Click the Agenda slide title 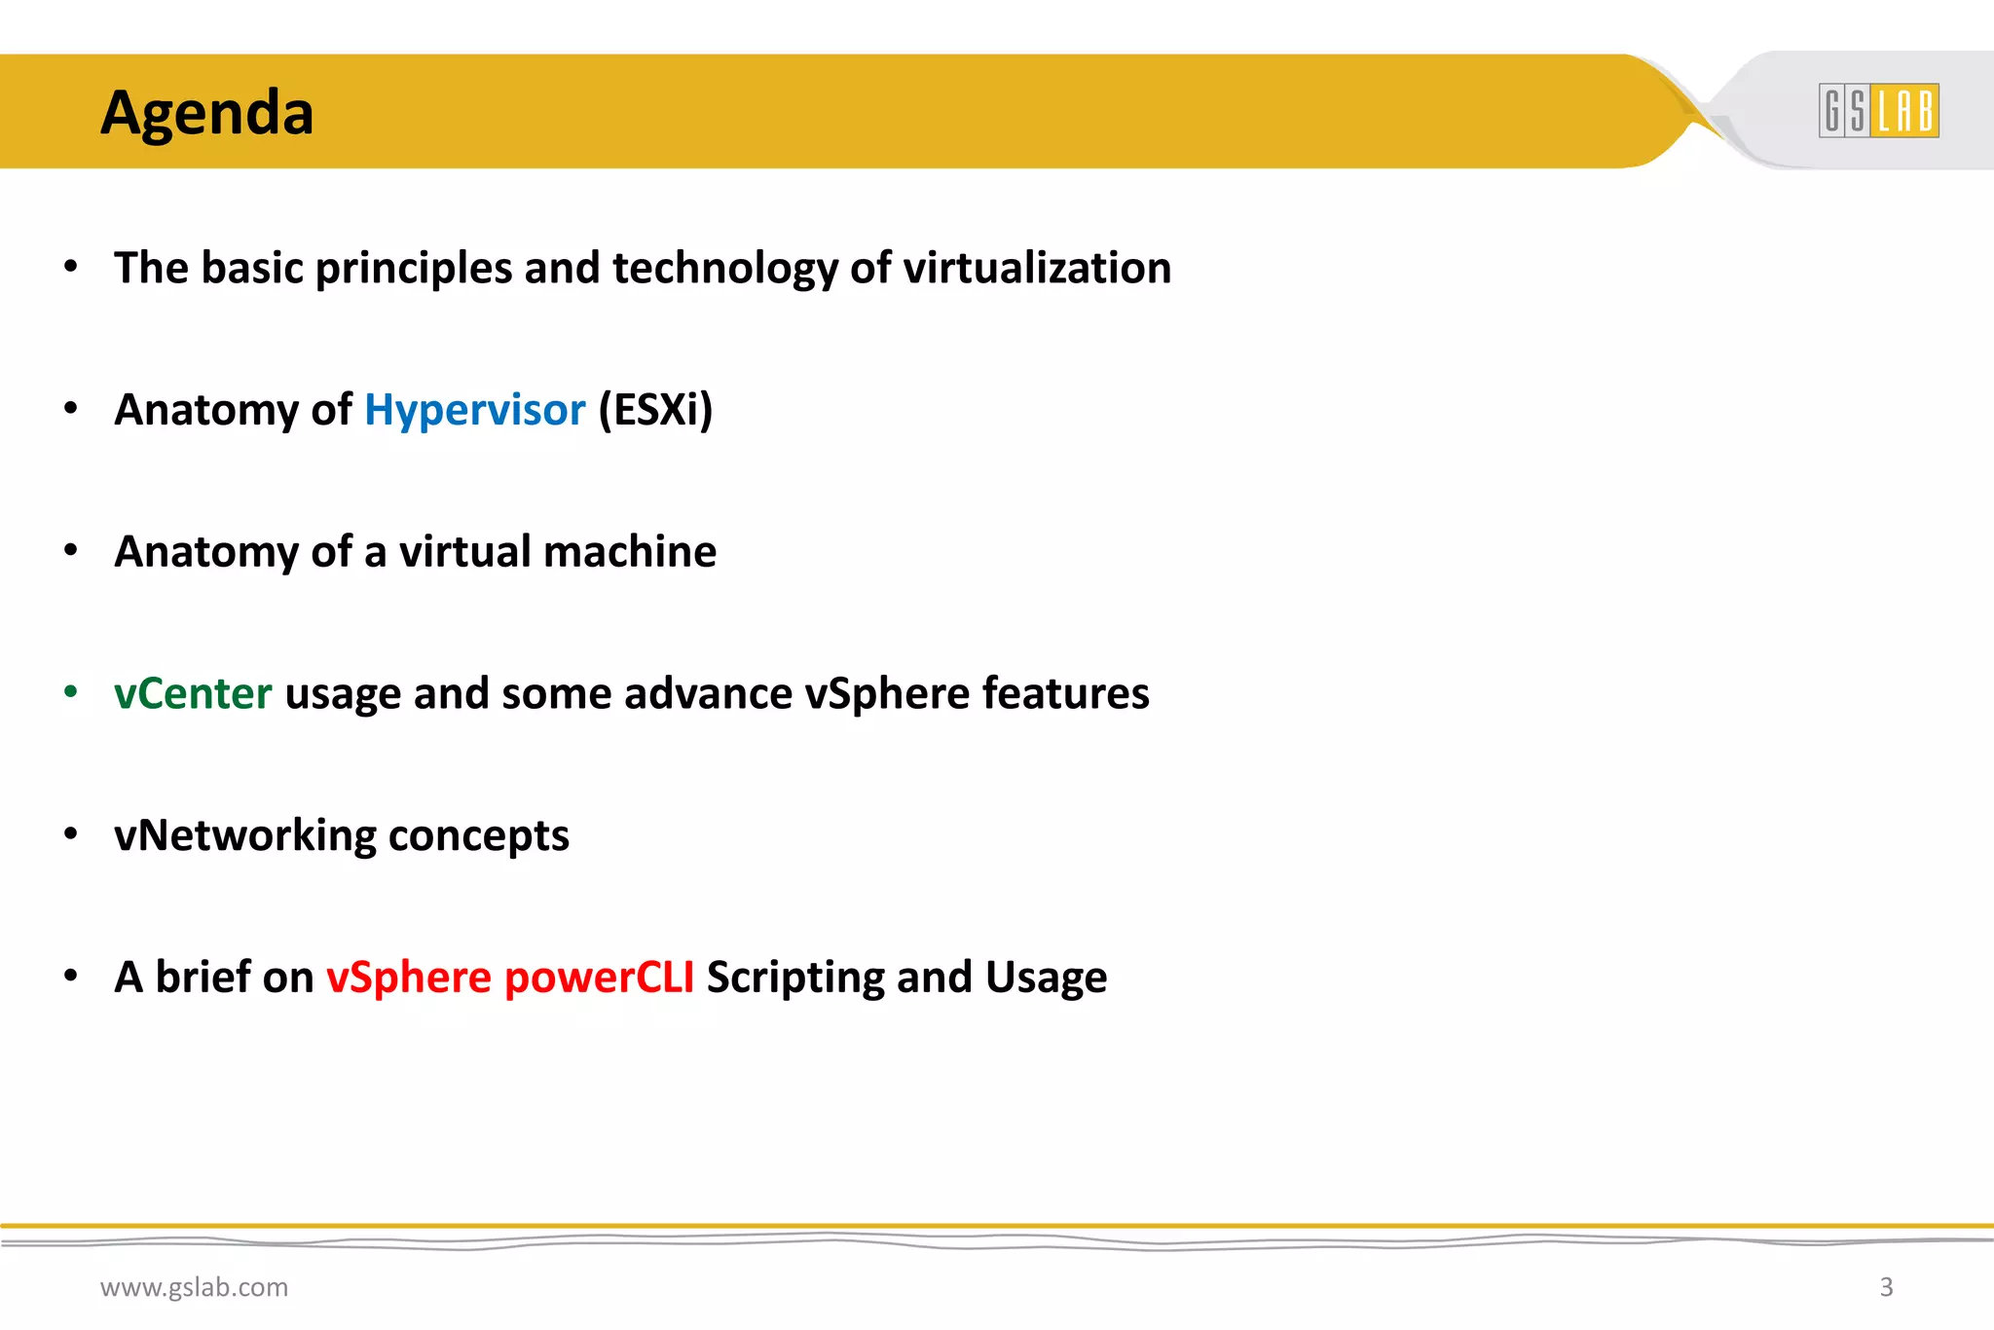[207, 113]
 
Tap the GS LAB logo [1878, 110]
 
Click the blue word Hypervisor [475, 410]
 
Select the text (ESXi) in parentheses [655, 410]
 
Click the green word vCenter [193, 693]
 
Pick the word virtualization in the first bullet [1037, 268]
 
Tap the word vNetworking [244, 835]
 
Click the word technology [725, 270]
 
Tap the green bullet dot [70, 692]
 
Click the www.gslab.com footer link [194, 1287]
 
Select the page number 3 [1886, 1287]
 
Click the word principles [414, 270]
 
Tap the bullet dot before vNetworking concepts [70, 834]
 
